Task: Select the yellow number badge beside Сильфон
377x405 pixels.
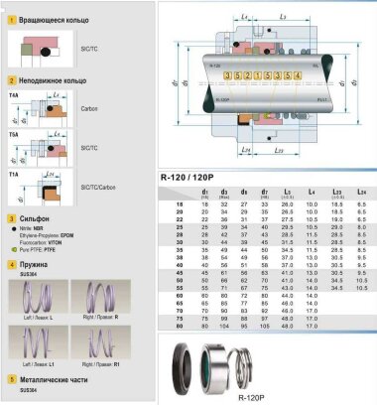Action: pyautogui.click(x=10, y=215)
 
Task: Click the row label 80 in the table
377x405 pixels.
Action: pyautogui.click(x=179, y=324)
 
